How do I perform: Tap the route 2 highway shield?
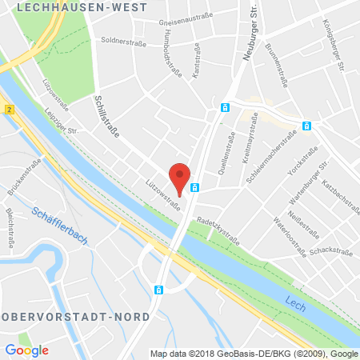click(7, 107)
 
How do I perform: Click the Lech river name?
click(295, 302)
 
